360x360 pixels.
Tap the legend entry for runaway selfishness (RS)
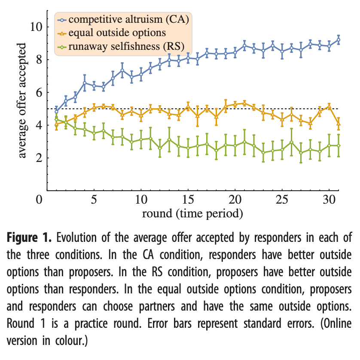click(x=125, y=47)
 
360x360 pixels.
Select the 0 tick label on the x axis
click(x=40, y=200)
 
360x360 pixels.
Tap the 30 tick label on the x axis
click(x=329, y=200)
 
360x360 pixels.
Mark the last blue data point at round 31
click(x=339, y=40)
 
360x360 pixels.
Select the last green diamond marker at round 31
click(x=339, y=146)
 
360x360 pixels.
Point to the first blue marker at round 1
click(x=56, y=111)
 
